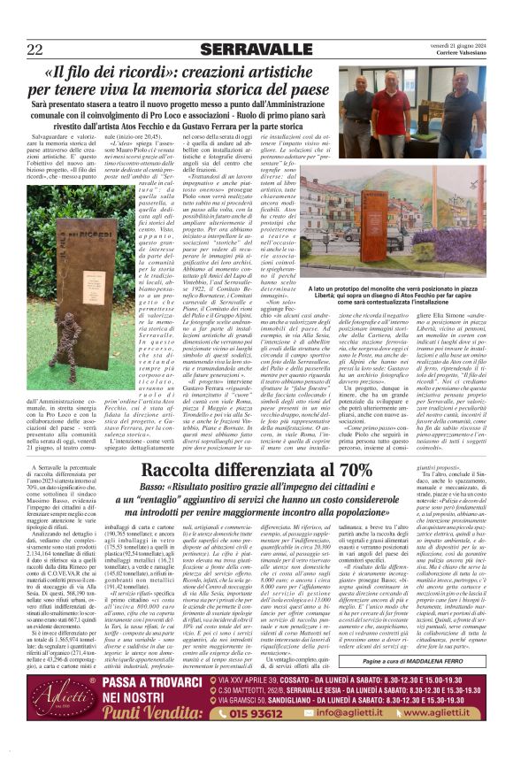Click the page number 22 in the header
(36, 50)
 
